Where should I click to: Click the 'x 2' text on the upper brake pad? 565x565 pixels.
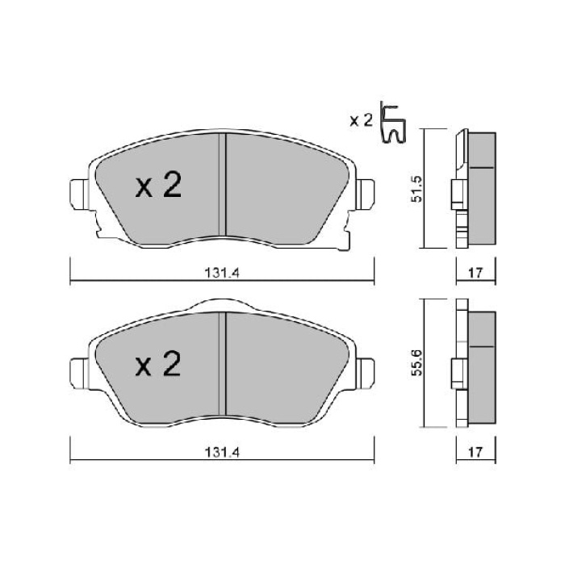click(159, 187)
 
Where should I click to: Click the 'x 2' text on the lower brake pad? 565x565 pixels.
click(159, 366)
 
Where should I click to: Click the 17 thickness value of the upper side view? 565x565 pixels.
click(475, 274)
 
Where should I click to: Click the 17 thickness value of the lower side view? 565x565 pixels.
click(475, 454)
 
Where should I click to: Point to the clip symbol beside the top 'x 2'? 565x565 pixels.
click(393, 124)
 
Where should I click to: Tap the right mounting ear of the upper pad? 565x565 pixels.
click(364, 194)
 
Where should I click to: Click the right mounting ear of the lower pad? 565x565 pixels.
click(364, 370)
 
